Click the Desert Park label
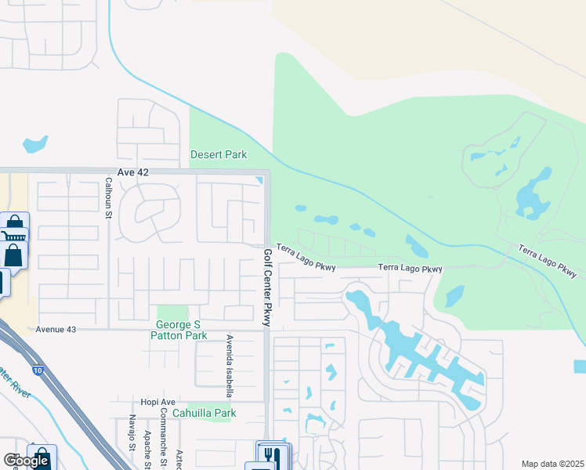219,154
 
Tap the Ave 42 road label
132,172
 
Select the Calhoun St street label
109,198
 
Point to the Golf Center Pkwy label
267,287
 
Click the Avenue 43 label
56,330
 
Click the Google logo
26,461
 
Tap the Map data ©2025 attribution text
552,464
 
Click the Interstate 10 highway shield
37,368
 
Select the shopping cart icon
13,237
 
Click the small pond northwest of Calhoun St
35,144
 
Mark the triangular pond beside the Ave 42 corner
259,182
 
